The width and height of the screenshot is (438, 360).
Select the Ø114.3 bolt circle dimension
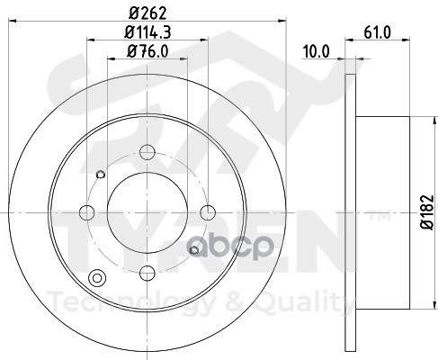147,32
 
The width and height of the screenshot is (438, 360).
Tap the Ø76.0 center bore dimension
147,51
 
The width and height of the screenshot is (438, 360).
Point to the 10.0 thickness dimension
315,52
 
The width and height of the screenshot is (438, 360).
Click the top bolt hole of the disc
147,152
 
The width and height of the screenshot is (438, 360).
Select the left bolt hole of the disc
87,212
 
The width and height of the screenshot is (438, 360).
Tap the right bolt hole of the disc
208,212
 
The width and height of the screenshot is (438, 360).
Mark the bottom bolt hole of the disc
147,273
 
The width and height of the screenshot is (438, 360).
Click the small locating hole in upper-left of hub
101,175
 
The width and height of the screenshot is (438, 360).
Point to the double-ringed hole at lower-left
97,277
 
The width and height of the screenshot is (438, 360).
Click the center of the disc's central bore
147,212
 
